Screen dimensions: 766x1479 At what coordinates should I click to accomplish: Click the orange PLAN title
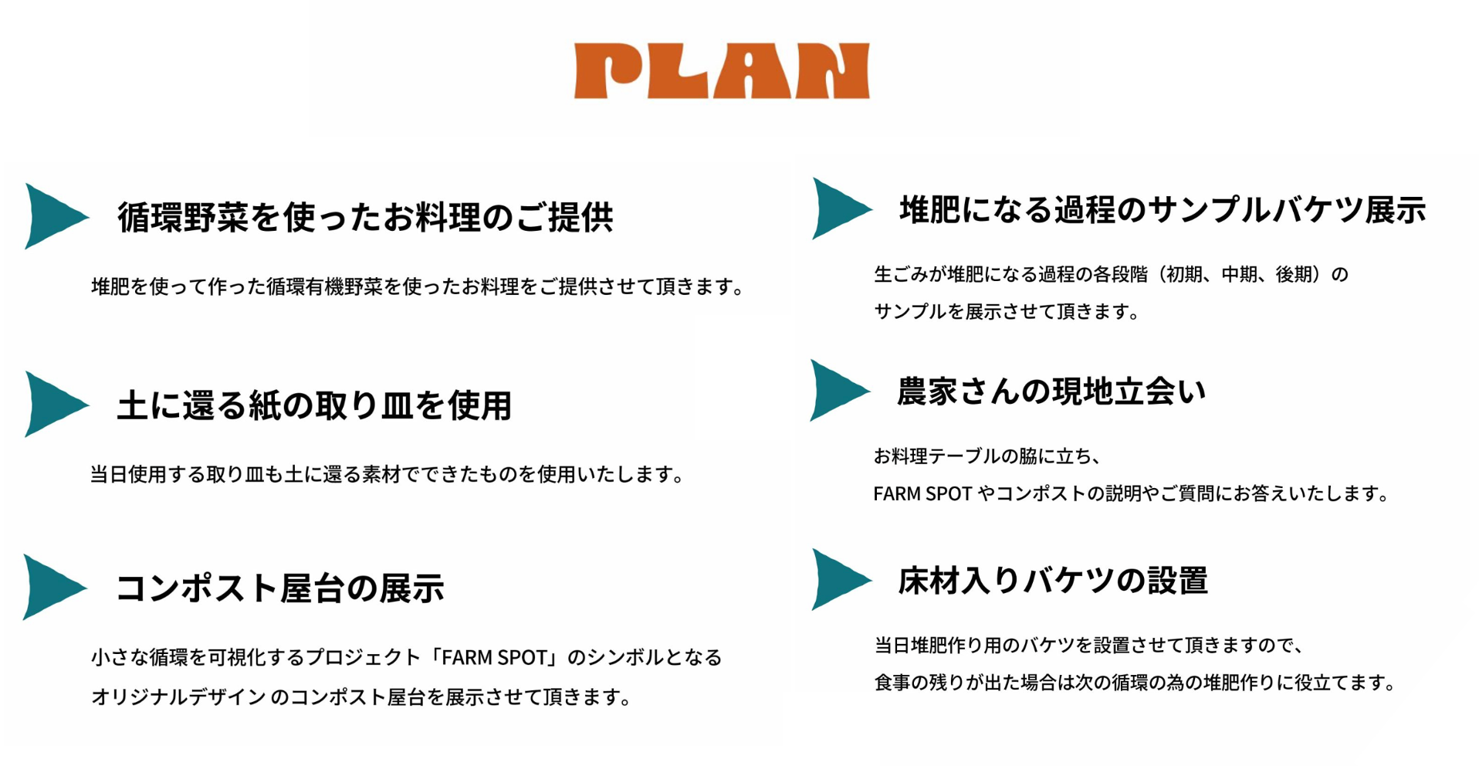722,71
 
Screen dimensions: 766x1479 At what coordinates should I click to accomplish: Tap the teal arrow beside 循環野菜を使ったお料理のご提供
52,216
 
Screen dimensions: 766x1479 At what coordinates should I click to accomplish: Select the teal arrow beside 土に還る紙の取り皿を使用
52,404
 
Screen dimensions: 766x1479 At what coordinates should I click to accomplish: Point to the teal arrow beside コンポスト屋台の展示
51,587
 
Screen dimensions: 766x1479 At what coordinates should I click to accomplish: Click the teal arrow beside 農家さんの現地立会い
837,390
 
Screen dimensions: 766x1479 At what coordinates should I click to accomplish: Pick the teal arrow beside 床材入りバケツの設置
838,579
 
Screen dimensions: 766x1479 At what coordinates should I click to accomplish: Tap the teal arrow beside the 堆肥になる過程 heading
838,208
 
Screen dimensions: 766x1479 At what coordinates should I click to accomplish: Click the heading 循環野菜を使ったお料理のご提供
365,217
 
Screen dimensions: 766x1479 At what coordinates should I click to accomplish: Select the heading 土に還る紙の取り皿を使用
314,405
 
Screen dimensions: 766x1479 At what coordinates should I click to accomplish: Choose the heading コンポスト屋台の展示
279,588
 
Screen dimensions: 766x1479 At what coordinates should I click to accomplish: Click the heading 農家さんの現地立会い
1051,391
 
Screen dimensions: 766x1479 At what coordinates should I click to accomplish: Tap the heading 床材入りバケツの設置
1052,581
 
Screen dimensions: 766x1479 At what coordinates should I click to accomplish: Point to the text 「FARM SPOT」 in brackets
494,657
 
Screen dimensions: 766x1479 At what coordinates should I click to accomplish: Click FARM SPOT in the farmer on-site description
922,493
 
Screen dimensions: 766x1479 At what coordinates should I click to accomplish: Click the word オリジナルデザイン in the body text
178,697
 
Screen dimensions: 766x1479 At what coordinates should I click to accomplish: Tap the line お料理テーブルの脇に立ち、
987,456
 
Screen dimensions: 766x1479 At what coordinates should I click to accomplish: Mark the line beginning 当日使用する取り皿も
387,474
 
